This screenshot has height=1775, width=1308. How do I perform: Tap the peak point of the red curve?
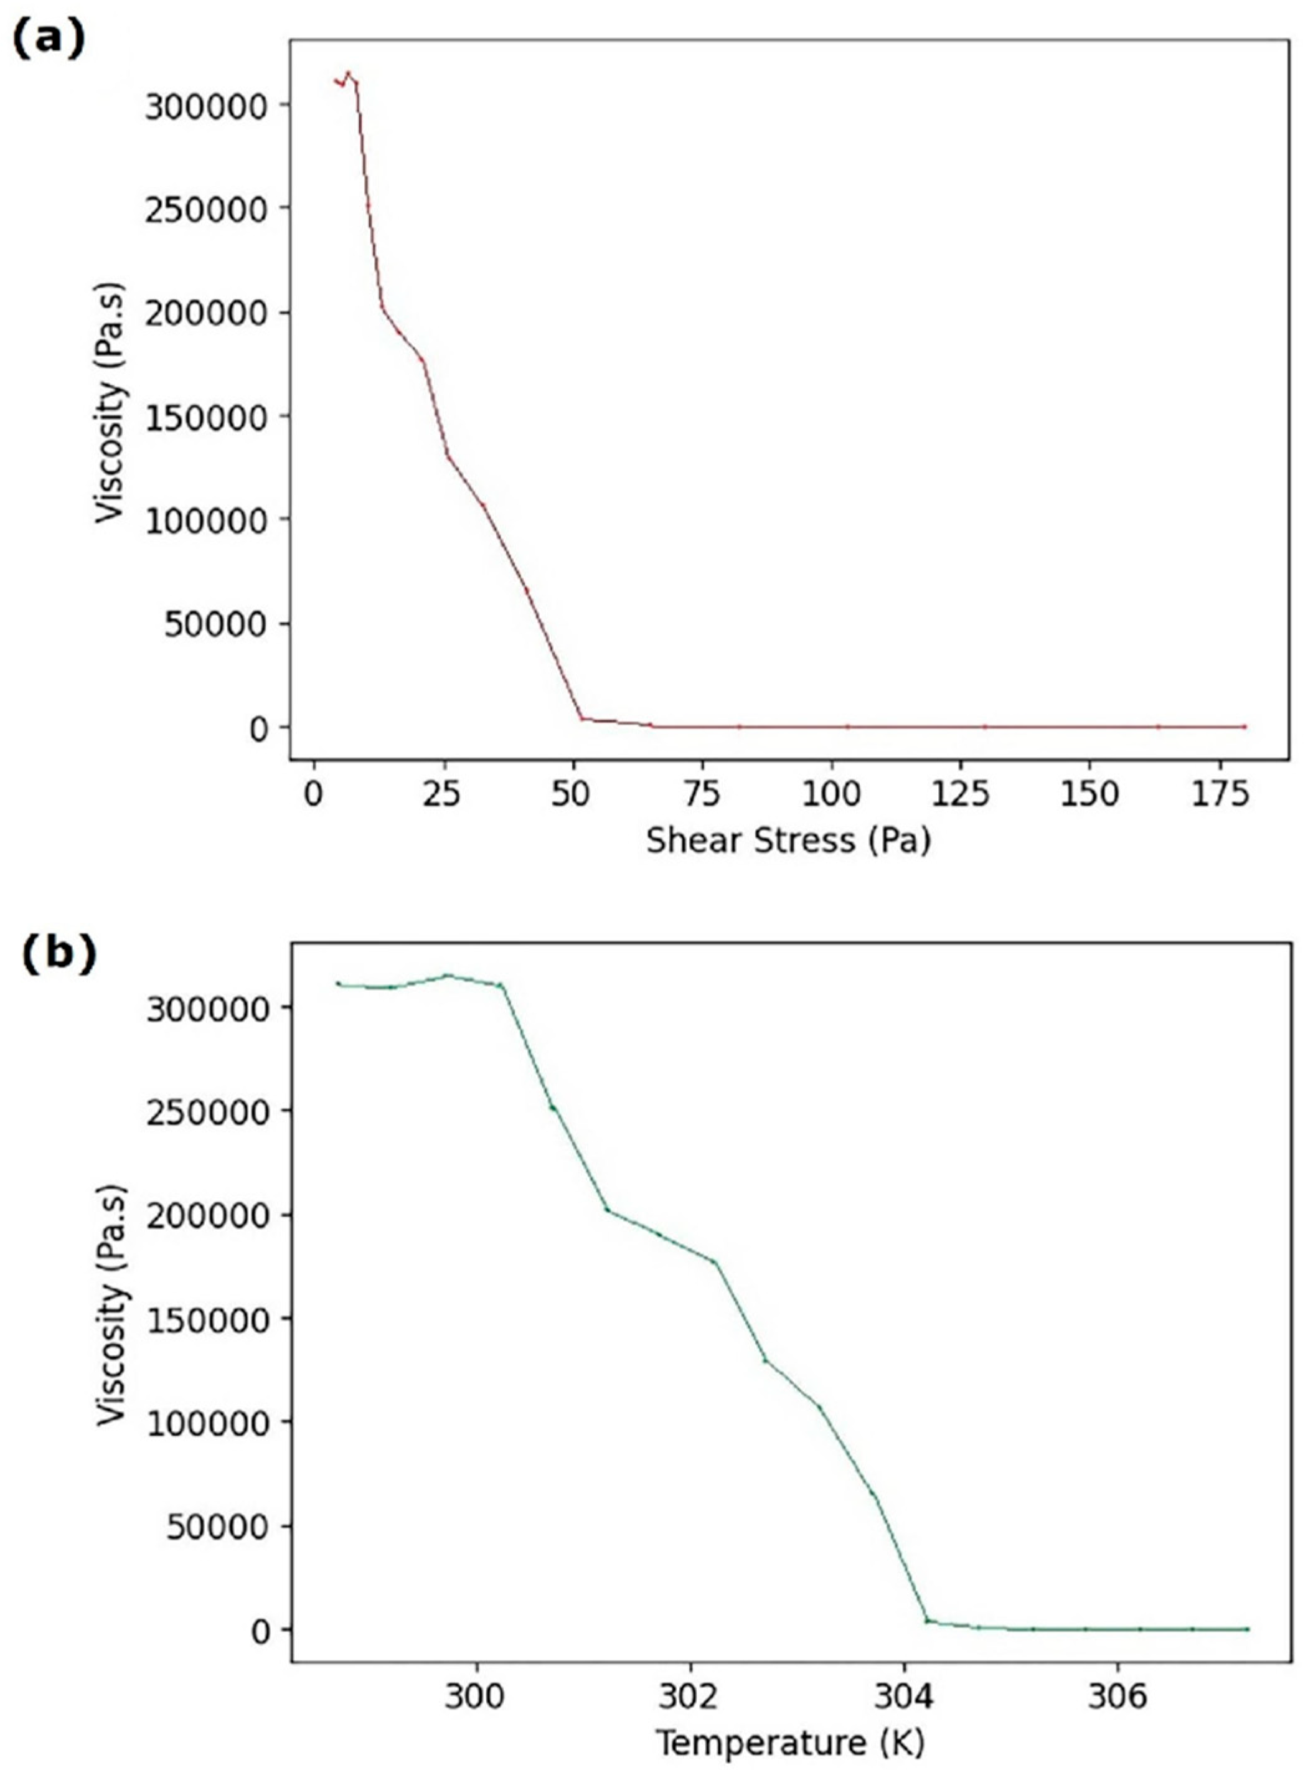(347, 72)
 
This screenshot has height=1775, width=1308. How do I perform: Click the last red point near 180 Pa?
(1244, 726)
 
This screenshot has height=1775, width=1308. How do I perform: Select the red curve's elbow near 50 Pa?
(581, 717)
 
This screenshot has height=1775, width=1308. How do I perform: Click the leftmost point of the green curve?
(338, 983)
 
